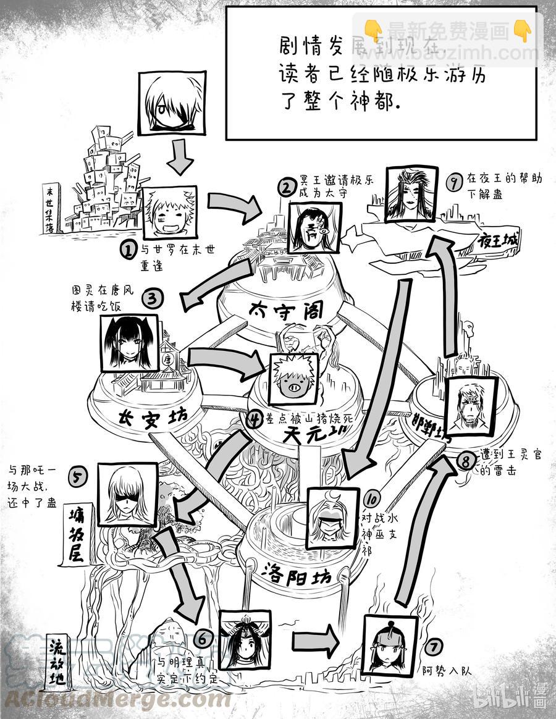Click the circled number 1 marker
pyautogui.click(x=127, y=250)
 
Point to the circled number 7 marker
pyautogui.click(x=434, y=647)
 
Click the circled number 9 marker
pyautogui.click(x=455, y=182)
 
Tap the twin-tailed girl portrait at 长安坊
pyautogui.click(x=129, y=343)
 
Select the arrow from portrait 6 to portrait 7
pyautogui.click(x=315, y=642)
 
